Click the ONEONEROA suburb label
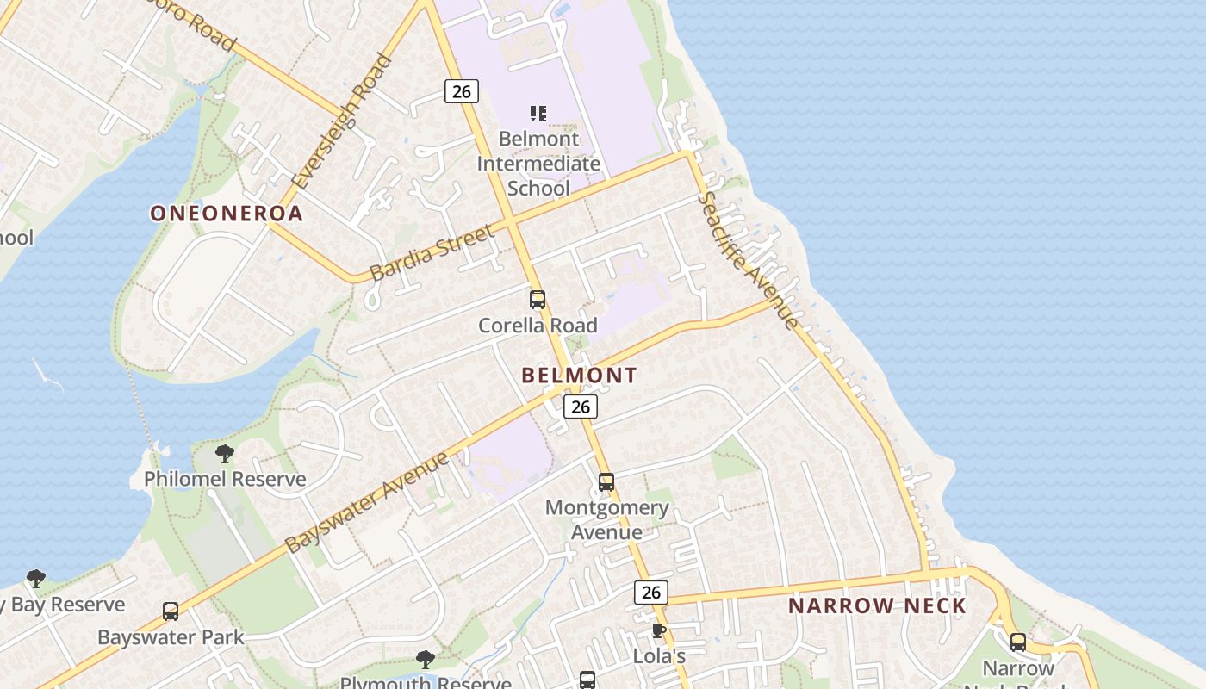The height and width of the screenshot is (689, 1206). (227, 214)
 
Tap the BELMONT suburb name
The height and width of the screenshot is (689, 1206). (579, 376)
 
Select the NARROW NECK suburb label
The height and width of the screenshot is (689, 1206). (877, 605)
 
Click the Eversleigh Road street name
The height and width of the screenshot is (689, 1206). (343, 121)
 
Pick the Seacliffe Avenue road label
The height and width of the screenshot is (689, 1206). (747, 260)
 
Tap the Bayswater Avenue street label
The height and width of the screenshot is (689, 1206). (367, 503)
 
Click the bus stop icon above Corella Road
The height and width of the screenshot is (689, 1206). (538, 300)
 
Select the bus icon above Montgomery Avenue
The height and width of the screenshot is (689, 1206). (606, 482)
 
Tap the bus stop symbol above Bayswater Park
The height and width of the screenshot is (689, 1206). (171, 611)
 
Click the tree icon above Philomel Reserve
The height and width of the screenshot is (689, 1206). (225, 453)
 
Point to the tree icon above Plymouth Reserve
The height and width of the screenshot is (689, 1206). (425, 660)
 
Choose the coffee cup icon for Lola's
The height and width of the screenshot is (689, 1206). (659, 631)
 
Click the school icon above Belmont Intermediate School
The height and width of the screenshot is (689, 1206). (538, 114)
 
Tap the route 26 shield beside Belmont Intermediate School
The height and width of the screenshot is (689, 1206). (462, 90)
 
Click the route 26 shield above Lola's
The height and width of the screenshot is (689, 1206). (651, 592)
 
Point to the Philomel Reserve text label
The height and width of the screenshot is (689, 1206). (225, 479)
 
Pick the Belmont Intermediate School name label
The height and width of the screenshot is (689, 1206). (538, 163)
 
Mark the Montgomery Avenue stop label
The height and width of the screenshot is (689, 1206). (606, 519)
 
